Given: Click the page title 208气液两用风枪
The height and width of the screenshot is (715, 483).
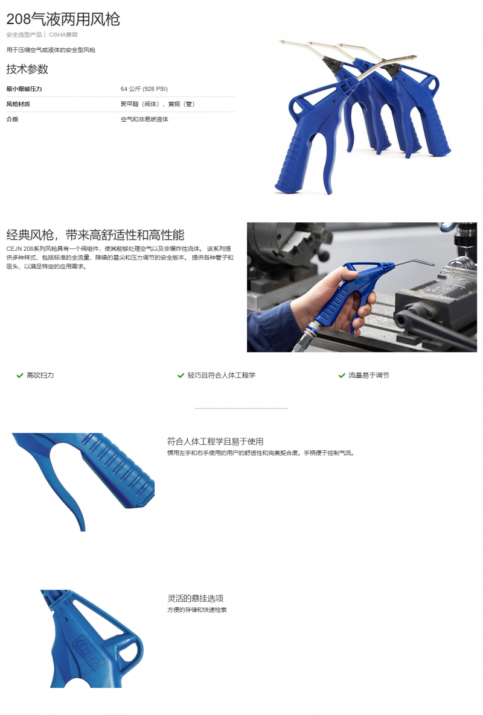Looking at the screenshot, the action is (63, 19).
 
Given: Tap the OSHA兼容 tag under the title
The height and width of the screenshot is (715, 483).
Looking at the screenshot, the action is (63, 34).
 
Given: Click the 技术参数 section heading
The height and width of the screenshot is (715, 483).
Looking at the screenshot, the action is (27, 69).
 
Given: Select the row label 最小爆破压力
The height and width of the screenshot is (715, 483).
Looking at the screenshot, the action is (24, 89).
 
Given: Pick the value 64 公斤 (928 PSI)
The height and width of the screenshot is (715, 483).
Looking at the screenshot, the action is (144, 89).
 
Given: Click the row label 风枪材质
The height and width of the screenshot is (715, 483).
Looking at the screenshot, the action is (18, 104).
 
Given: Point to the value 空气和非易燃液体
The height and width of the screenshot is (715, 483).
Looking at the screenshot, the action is (144, 119).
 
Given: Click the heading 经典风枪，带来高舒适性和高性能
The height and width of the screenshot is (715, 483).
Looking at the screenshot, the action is (95, 235).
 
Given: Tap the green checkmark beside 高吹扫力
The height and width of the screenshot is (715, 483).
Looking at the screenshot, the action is (20, 375).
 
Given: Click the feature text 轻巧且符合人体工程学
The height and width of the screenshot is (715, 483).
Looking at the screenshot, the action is (222, 375).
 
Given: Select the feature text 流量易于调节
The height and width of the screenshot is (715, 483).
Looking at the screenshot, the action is (369, 375).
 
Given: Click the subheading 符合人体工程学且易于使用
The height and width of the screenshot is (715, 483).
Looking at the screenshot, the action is (215, 441).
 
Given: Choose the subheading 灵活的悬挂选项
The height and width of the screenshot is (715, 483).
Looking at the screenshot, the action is (196, 598).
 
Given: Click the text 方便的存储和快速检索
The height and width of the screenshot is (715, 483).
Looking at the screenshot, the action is (197, 609).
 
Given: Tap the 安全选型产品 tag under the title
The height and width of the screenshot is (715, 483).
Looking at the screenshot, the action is (24, 34).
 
